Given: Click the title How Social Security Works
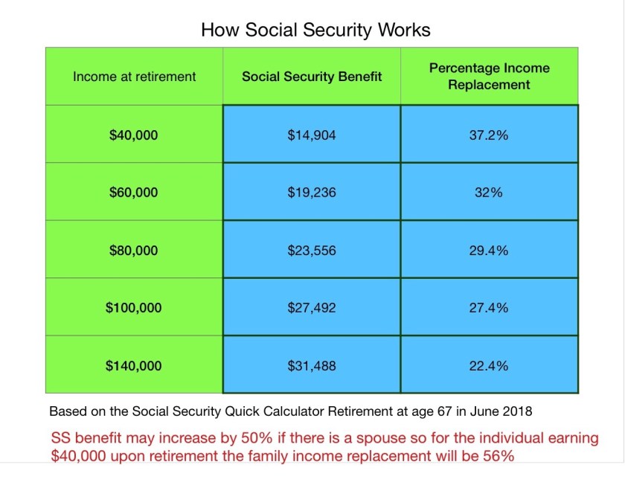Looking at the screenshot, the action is point(315,30).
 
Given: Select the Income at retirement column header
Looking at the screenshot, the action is point(135,77).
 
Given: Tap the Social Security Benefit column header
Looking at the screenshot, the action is point(312,77).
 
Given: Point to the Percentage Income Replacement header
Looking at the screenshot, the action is point(490,76).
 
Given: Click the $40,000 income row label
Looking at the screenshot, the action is point(133,135).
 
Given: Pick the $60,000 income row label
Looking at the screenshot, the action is point(133,193).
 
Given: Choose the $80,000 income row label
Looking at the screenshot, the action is point(133,251).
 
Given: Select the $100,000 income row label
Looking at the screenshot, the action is point(133,307).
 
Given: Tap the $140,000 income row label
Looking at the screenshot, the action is point(133,366).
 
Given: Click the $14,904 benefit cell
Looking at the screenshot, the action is point(312,135).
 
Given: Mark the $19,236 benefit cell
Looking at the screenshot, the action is point(312,193).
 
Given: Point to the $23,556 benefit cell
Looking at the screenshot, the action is point(312,251).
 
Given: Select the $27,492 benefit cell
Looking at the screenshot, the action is point(312,307).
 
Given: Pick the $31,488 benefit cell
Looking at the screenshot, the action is point(312,366).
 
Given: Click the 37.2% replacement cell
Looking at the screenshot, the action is point(489,135).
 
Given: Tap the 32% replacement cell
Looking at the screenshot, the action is point(489,193).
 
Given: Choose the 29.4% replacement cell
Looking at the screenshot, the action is point(489,251).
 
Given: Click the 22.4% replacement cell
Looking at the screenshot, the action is point(489,366).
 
